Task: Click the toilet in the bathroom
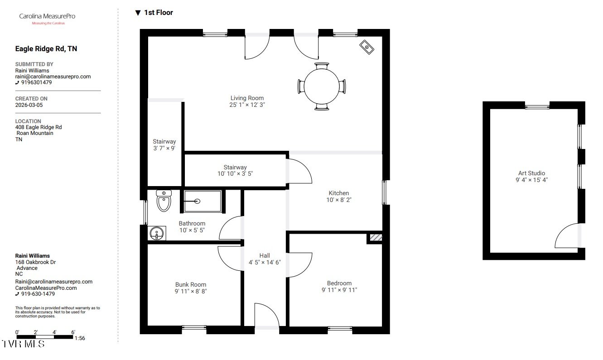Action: pyautogui.click(x=164, y=201)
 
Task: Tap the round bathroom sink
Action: pyautogui.click(x=156, y=233)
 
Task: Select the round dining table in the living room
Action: pyautogui.click(x=322, y=86)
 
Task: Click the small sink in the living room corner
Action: pyautogui.click(x=367, y=47)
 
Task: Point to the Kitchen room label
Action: pyautogui.click(x=338, y=193)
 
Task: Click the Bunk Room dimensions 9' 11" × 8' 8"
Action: pyautogui.click(x=191, y=291)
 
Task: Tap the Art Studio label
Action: pyautogui.click(x=532, y=173)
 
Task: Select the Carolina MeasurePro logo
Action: pyautogui.click(x=48, y=19)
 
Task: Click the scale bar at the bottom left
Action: pyautogui.click(x=45, y=337)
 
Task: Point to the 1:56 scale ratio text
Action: pyautogui.click(x=80, y=338)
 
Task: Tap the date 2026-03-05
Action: pyautogui.click(x=29, y=105)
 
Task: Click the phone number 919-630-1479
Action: pyautogui.click(x=38, y=294)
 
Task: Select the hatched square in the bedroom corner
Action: pyautogui.click(x=376, y=237)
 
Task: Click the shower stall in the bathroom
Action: pyautogui.click(x=203, y=201)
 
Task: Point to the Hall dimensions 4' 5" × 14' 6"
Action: pyautogui.click(x=265, y=262)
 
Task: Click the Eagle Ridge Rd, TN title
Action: pyautogui.click(x=46, y=49)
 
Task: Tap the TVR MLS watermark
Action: pyautogui.click(x=23, y=344)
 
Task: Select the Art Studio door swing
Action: pyautogui.click(x=566, y=235)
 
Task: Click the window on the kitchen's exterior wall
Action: pyautogui.click(x=385, y=192)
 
